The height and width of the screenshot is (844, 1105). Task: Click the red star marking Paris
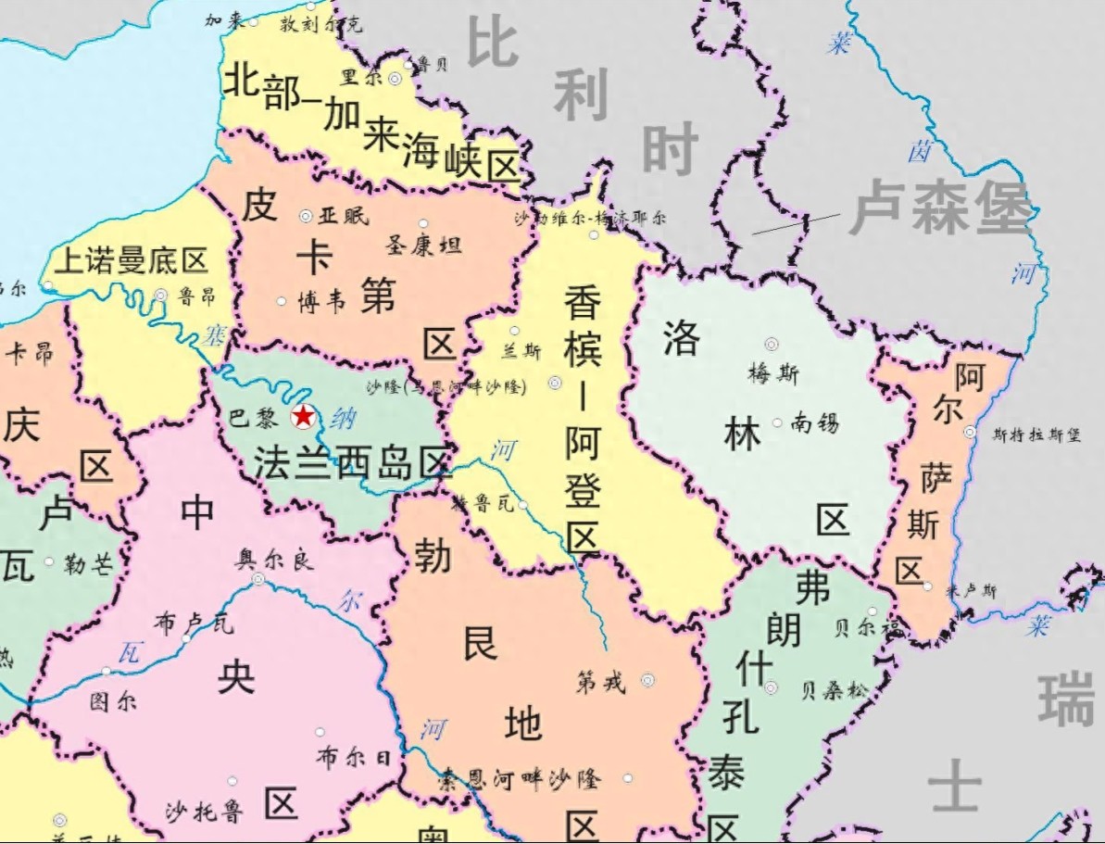pos(303,417)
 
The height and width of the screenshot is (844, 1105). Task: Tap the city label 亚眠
pos(343,216)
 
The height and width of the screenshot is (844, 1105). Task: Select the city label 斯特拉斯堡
pos(1036,434)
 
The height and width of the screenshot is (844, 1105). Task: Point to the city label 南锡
pos(815,423)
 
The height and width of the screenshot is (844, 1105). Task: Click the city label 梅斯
pos(772,373)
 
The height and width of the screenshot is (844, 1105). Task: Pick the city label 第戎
pos(600,683)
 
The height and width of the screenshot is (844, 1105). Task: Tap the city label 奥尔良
pos(275,560)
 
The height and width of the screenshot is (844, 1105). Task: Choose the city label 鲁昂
pos(196,296)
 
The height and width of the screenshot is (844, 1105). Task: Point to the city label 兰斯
pos(521,351)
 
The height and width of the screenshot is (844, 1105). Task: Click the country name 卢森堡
pos(940,209)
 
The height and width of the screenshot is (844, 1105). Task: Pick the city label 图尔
pos(113,701)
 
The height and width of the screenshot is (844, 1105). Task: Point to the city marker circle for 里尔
pos(395,79)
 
